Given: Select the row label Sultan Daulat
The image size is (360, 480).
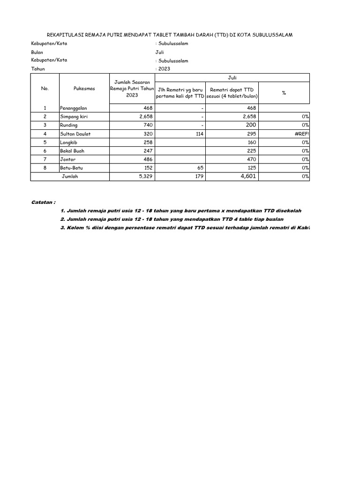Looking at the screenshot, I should tap(75, 134).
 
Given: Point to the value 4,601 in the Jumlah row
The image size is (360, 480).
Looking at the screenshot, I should tap(247, 176).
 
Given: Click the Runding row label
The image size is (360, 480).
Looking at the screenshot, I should tap(68, 125).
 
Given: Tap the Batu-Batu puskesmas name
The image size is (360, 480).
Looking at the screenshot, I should tap(71, 167).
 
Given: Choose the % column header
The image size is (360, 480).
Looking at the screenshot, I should tap(284, 93).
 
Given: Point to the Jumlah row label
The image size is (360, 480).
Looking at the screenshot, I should tap(70, 176).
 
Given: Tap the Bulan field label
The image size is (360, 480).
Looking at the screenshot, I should tap(37, 52).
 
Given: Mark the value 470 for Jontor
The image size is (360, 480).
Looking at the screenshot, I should tap(251, 159).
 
